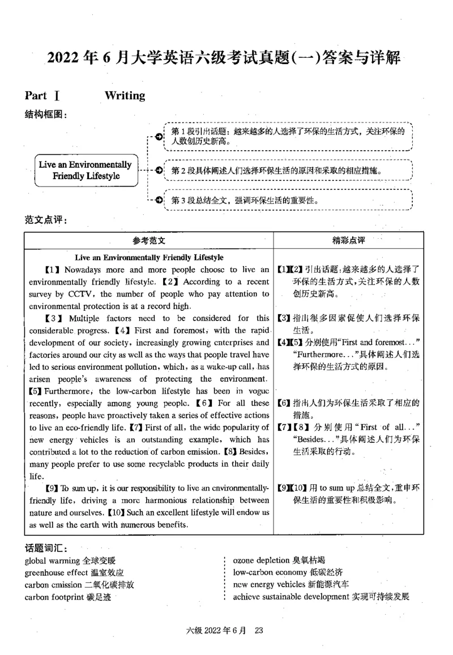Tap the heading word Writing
point(125,96)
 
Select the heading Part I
point(42,96)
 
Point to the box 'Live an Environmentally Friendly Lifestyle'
point(86,170)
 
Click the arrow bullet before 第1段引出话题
point(159,137)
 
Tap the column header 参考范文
point(148,240)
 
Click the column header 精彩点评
point(348,240)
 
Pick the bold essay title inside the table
point(148,257)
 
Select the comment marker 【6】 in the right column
point(284,403)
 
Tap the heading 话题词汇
point(46,548)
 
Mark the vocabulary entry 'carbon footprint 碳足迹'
point(68,596)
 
